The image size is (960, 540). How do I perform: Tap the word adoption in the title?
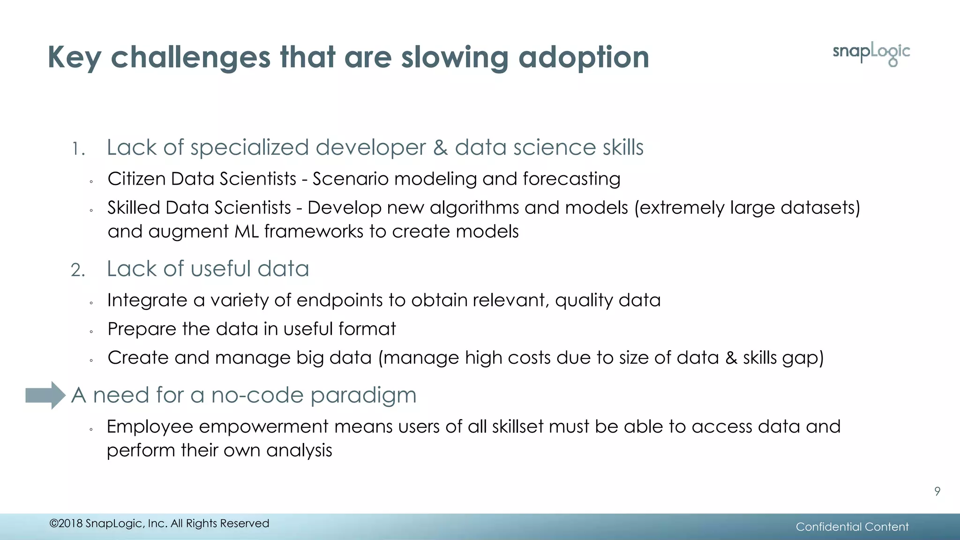pyautogui.click(x=584, y=58)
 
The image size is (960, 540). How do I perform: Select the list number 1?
pyautogui.click(x=78, y=150)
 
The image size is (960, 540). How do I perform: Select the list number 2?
pyautogui.click(x=78, y=270)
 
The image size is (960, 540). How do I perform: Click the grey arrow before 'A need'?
pyautogui.click(x=45, y=395)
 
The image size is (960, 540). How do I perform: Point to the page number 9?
pyautogui.click(x=937, y=491)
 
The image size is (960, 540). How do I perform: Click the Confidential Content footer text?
pyautogui.click(x=852, y=527)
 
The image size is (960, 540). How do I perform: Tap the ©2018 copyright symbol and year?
pyautogui.click(x=66, y=524)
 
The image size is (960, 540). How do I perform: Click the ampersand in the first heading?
pyautogui.click(x=440, y=148)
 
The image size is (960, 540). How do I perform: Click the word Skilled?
pyautogui.click(x=134, y=208)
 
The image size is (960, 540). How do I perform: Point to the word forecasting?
pyautogui.click(x=571, y=180)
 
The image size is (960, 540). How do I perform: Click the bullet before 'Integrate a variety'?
pyautogui.click(x=91, y=303)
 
